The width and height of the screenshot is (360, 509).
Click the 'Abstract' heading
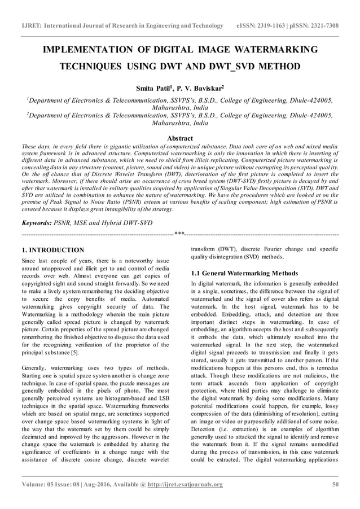coord(180,138)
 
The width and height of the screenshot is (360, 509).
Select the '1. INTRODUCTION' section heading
coord(52,250)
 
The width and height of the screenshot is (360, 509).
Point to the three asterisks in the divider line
coord(180,234)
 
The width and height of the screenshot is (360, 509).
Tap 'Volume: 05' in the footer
coord(38,484)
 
